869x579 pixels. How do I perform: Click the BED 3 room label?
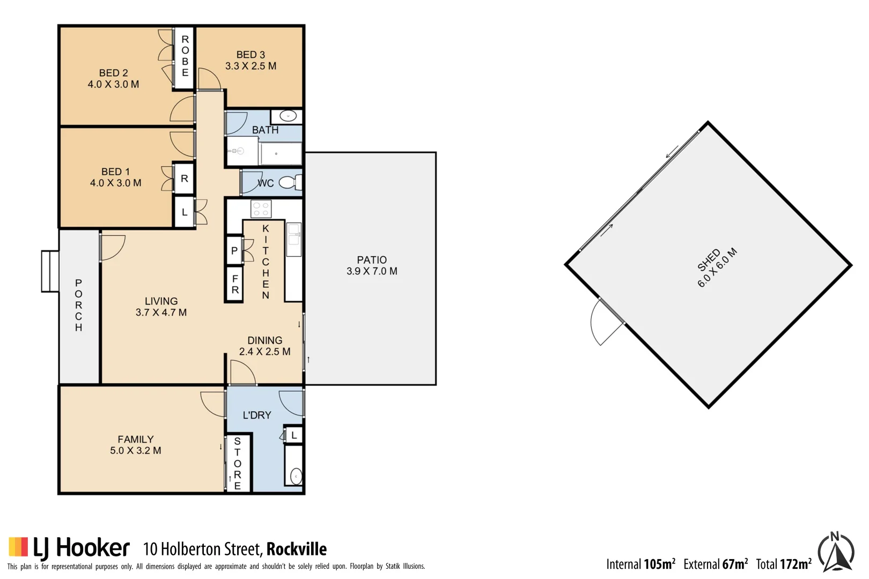(x=251, y=55)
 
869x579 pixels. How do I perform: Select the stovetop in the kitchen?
(x=261, y=209)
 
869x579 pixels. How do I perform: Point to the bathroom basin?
(x=288, y=116)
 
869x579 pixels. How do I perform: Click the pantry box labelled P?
(x=234, y=250)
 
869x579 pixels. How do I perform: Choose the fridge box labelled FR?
(x=235, y=284)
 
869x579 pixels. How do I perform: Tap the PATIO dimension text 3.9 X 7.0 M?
(x=372, y=271)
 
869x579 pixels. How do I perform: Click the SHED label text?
(x=709, y=261)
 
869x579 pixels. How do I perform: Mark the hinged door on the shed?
(x=605, y=322)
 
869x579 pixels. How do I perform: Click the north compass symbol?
(x=836, y=552)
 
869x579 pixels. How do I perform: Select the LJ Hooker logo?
(x=69, y=548)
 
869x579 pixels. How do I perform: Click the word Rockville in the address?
(x=297, y=549)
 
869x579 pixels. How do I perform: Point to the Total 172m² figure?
(x=784, y=564)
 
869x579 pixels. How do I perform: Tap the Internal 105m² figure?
(x=640, y=564)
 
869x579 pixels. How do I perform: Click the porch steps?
(x=50, y=271)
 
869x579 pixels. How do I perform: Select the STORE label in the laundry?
(x=238, y=463)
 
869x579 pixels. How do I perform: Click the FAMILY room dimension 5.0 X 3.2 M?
(x=136, y=451)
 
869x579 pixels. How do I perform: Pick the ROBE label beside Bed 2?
(x=185, y=56)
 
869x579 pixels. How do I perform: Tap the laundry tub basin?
(x=296, y=476)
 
